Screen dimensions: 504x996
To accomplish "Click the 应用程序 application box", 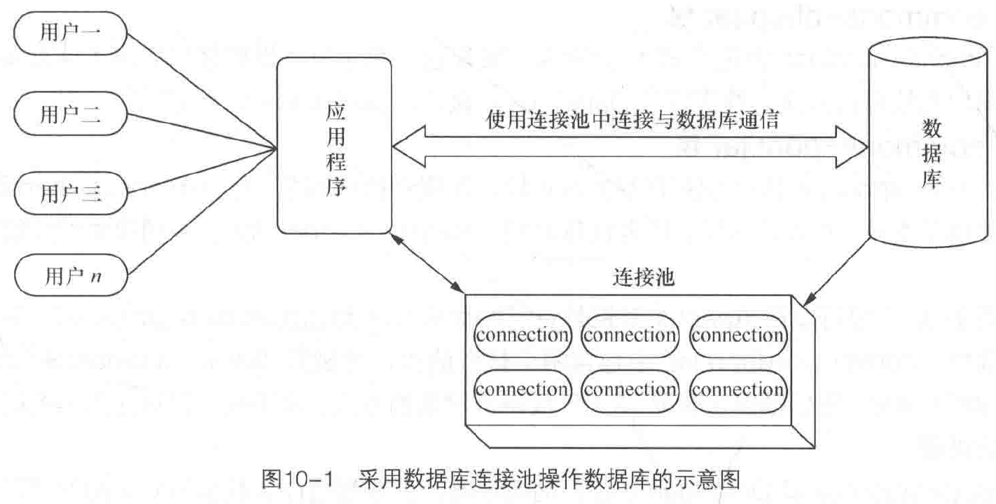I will (x=334, y=145).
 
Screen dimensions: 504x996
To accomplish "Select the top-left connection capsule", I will (x=522, y=335).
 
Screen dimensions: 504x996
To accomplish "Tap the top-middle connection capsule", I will (x=630, y=335).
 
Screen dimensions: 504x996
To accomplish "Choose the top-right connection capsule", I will (x=738, y=335).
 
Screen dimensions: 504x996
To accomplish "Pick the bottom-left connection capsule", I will (x=522, y=389).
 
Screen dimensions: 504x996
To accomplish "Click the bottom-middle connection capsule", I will (x=630, y=389).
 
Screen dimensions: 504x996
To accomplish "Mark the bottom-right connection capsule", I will (x=738, y=389).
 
